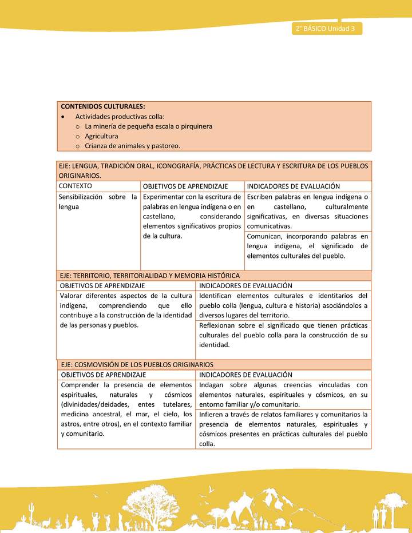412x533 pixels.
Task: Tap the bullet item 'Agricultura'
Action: click(101, 136)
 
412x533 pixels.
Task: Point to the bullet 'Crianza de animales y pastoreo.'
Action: click(132, 146)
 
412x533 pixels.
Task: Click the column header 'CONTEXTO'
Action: click(76, 186)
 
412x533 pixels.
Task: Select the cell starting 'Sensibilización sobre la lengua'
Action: click(98, 202)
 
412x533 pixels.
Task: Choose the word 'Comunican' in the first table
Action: click(265, 236)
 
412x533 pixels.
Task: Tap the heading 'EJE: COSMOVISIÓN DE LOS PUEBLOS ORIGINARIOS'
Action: click(137, 364)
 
